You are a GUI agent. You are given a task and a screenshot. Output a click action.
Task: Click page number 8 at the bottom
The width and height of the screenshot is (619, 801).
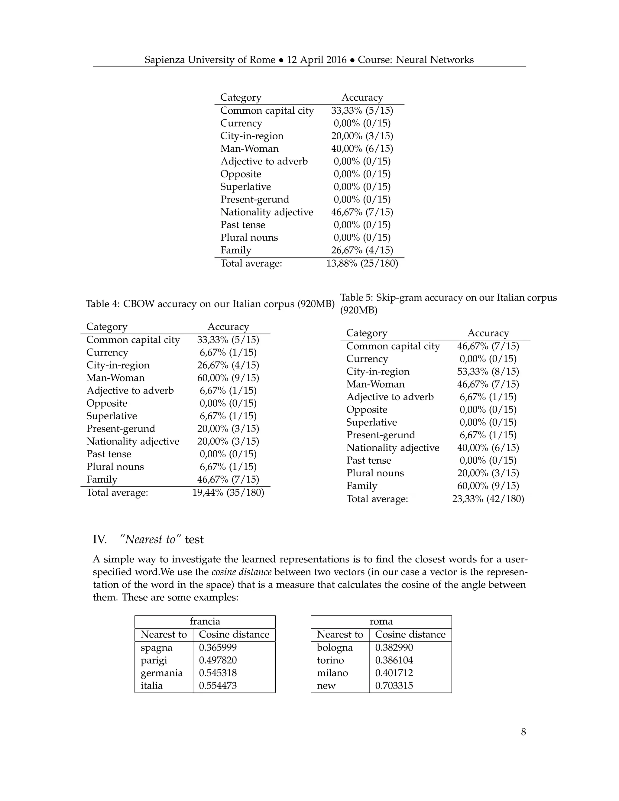click(523, 732)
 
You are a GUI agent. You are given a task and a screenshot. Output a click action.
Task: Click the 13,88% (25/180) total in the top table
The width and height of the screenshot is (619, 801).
click(362, 263)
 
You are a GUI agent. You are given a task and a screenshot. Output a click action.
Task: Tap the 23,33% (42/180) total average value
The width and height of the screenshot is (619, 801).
click(488, 499)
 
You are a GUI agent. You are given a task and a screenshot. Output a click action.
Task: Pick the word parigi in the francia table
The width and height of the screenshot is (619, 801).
click(154, 660)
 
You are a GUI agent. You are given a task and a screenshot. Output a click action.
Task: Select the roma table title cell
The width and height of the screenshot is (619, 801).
click(381, 621)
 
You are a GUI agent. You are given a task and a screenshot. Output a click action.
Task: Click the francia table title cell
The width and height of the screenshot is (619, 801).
click(205, 621)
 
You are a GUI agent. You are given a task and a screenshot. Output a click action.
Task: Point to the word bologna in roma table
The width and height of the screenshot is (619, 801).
click(335, 647)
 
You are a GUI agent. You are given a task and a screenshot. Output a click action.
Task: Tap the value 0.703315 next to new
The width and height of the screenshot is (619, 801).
click(394, 686)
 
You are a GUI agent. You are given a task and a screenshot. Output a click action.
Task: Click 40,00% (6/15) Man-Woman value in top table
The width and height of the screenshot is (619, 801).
click(362, 148)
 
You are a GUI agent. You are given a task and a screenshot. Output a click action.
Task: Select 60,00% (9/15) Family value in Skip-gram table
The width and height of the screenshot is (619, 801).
click(488, 486)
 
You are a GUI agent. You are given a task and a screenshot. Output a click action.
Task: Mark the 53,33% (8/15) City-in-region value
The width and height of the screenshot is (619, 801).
click(488, 371)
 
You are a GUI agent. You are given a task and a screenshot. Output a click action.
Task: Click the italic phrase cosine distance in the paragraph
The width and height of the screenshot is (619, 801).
click(242, 572)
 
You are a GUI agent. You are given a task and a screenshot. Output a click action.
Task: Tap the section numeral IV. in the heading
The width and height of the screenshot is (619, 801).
click(99, 540)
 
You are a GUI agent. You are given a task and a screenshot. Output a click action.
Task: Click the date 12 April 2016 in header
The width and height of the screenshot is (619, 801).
click(316, 60)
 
